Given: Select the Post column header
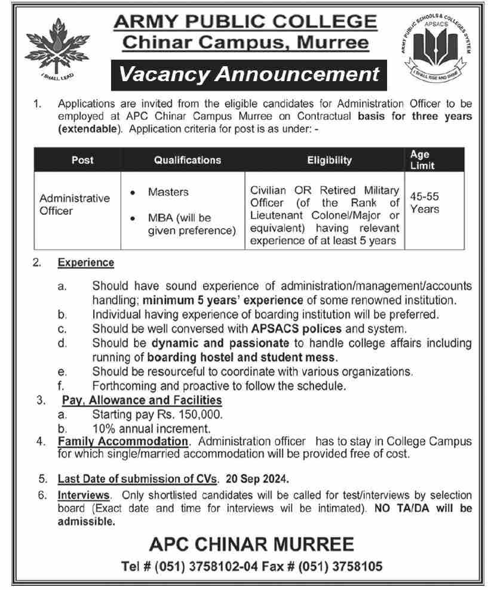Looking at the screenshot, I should click(x=82, y=160).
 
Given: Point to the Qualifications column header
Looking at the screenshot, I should click(x=187, y=160).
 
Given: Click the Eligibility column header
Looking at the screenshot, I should click(x=329, y=160).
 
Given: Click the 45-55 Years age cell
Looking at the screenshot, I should click(x=425, y=202).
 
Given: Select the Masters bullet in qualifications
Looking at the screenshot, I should click(x=168, y=192).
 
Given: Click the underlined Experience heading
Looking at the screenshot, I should click(x=85, y=262).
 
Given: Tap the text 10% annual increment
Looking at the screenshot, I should click(x=152, y=428).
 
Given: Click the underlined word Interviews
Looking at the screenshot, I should click(x=84, y=496).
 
